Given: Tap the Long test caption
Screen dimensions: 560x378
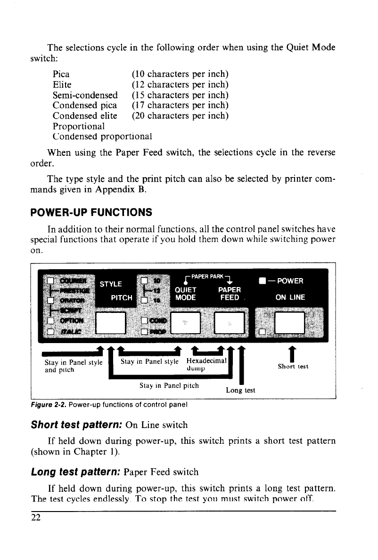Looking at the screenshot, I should click(x=240, y=390).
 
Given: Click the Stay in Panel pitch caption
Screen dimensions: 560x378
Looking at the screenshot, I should click(x=169, y=386).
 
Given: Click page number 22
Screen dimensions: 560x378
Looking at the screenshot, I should click(x=36, y=518).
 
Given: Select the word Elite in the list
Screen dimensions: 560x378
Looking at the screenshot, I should click(x=62, y=85).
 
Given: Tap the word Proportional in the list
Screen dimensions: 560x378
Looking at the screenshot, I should click(x=78, y=126).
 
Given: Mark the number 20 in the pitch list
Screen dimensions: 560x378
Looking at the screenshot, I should click(x=138, y=116).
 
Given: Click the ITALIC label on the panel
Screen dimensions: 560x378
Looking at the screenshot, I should click(x=74, y=332).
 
